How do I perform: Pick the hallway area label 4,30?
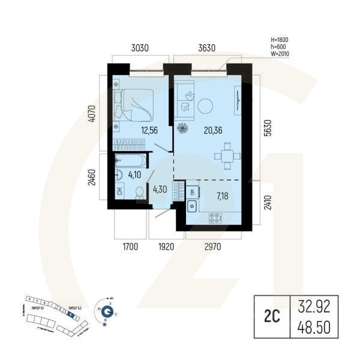tap(160, 190)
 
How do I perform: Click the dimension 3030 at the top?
tap(139, 47)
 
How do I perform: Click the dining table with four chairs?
tap(226, 155)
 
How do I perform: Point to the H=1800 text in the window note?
tap(281, 40)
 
